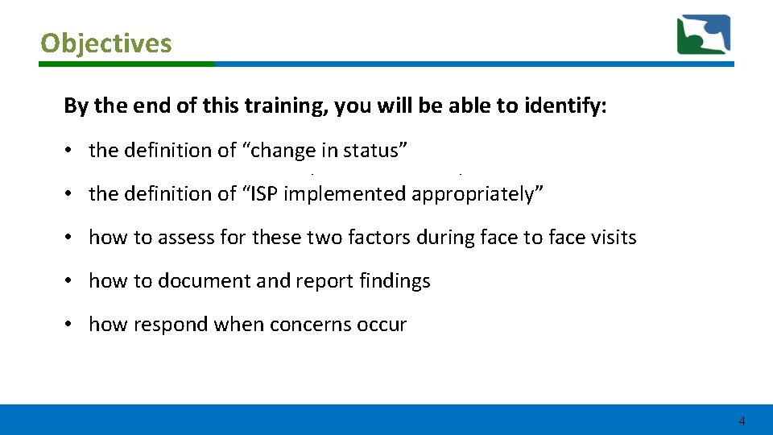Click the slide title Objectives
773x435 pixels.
106,43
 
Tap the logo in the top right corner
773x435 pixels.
703,34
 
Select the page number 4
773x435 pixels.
742,421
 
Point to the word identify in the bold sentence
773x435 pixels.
567,107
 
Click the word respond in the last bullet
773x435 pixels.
161,325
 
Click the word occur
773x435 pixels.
383,325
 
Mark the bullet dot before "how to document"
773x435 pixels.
71,281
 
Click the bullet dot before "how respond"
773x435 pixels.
71,325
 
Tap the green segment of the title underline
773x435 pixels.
127,64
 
